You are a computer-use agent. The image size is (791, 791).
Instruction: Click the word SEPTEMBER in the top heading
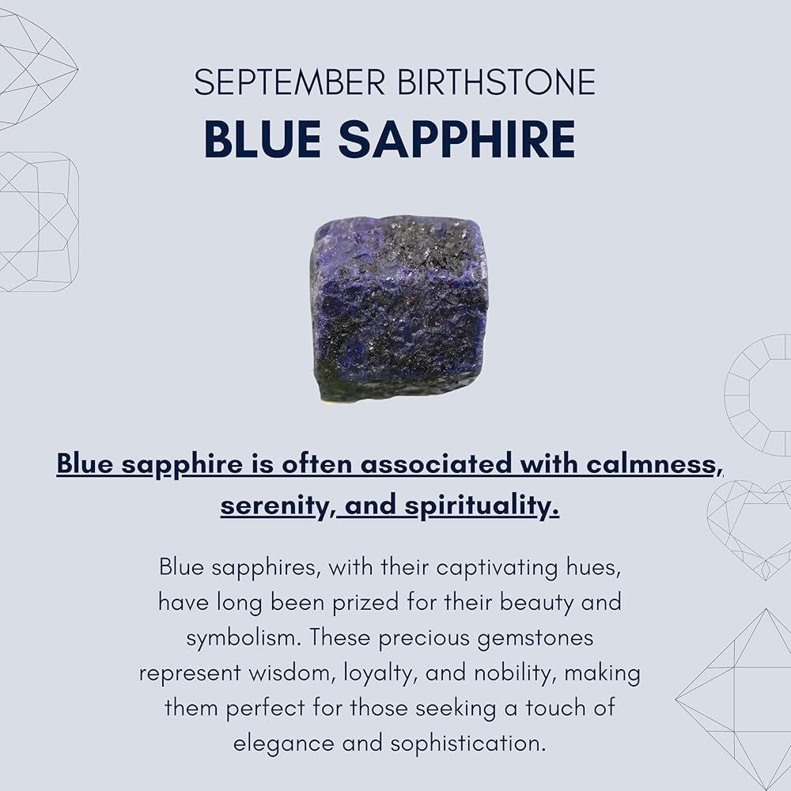click(290, 81)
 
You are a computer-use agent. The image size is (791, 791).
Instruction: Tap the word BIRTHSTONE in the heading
click(497, 81)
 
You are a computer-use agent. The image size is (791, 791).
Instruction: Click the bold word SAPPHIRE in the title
click(456, 138)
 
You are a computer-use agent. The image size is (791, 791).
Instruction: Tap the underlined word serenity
click(274, 505)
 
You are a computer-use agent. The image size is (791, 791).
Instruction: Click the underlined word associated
click(436, 463)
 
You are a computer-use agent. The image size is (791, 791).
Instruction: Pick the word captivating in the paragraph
click(497, 568)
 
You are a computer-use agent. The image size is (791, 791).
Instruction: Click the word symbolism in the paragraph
click(244, 638)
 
